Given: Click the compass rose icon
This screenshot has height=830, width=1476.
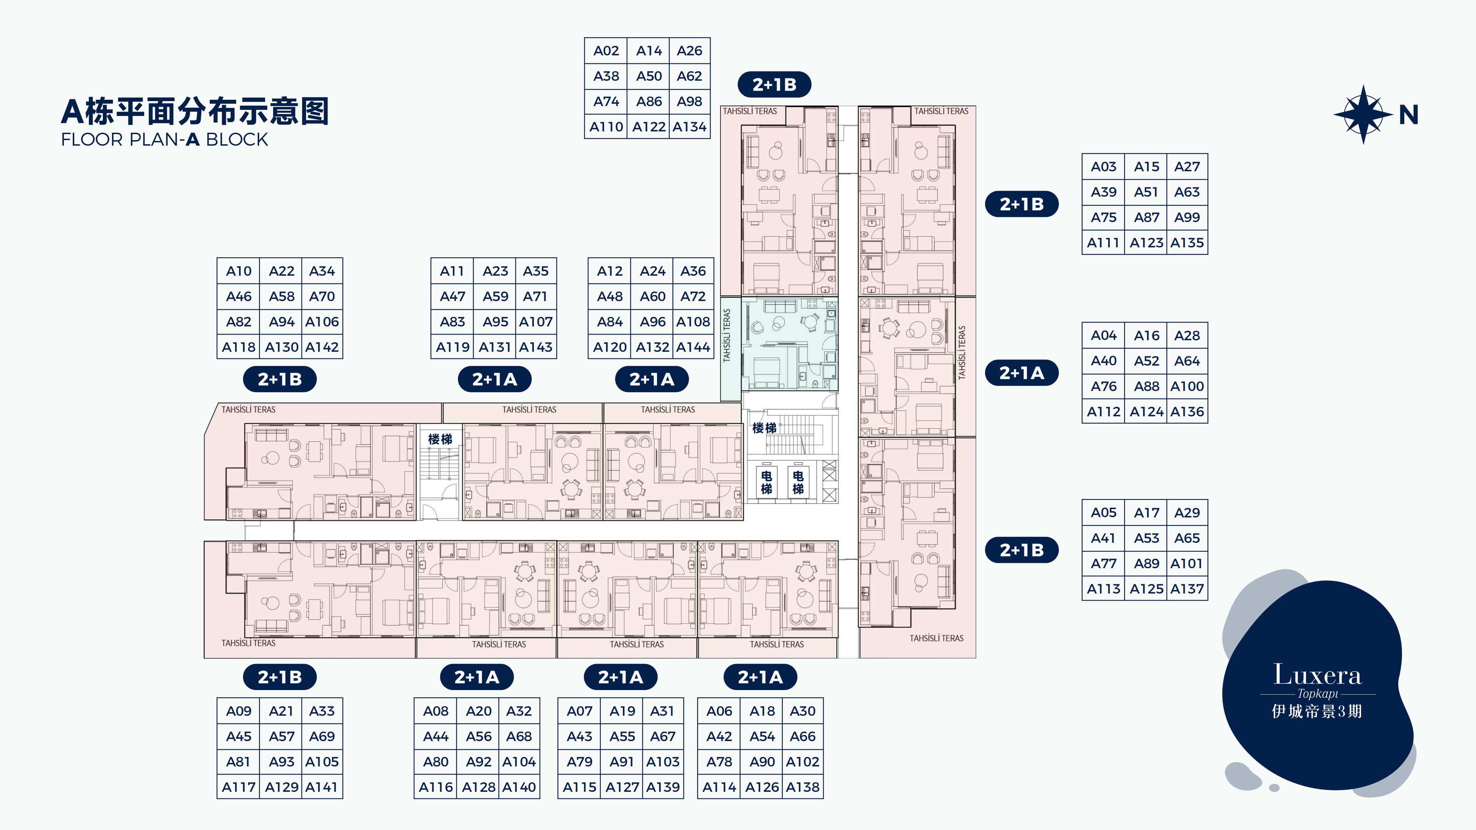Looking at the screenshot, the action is click(1363, 115).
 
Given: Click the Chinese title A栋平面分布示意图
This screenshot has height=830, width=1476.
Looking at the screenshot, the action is click(195, 111).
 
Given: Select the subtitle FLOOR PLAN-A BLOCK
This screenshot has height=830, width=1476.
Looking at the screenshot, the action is click(164, 139).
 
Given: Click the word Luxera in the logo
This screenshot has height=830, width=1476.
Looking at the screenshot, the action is click(1317, 675).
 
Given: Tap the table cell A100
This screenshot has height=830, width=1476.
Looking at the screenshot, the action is click(1187, 386).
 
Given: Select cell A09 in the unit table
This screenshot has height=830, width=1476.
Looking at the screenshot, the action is click(238, 711).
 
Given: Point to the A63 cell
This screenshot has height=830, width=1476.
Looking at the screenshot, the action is click(1187, 192).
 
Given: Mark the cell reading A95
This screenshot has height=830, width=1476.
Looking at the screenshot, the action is click(495, 321).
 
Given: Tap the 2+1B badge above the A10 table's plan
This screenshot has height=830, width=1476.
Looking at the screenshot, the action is click(280, 379).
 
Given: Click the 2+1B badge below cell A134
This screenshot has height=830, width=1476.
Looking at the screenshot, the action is click(774, 85).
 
